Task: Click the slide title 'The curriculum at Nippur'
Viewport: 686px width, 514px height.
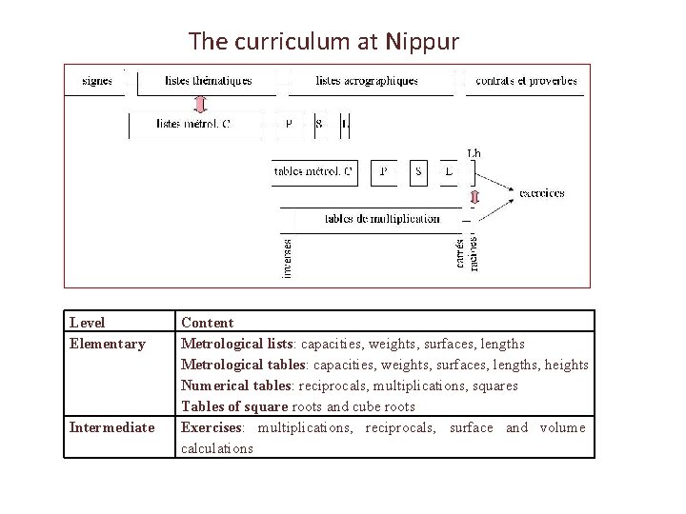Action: coord(324,42)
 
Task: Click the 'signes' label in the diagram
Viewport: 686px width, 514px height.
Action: coord(97,81)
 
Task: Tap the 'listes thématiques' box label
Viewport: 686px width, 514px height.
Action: coord(208,81)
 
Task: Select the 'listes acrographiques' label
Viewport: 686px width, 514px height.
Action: coord(367,81)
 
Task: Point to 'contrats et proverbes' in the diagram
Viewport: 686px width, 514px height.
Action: coord(526,81)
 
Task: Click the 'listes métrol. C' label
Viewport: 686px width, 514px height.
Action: coord(192,124)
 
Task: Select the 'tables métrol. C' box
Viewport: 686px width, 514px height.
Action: coord(313,171)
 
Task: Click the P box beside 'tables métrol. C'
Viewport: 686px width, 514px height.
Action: coord(384,171)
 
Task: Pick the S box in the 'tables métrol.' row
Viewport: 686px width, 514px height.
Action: coord(419,171)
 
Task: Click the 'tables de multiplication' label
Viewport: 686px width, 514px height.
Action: coord(382,219)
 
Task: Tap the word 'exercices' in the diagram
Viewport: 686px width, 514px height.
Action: coord(541,193)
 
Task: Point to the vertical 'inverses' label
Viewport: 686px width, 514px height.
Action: coord(288,258)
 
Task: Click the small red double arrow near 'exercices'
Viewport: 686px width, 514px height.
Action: coord(474,198)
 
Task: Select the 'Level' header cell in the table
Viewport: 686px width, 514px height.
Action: coord(88,323)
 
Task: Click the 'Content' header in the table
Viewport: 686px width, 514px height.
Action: coord(207,323)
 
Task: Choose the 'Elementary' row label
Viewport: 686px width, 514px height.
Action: coord(108,344)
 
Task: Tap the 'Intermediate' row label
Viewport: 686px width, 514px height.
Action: coord(111,427)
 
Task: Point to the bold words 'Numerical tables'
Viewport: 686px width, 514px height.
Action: coord(236,385)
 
